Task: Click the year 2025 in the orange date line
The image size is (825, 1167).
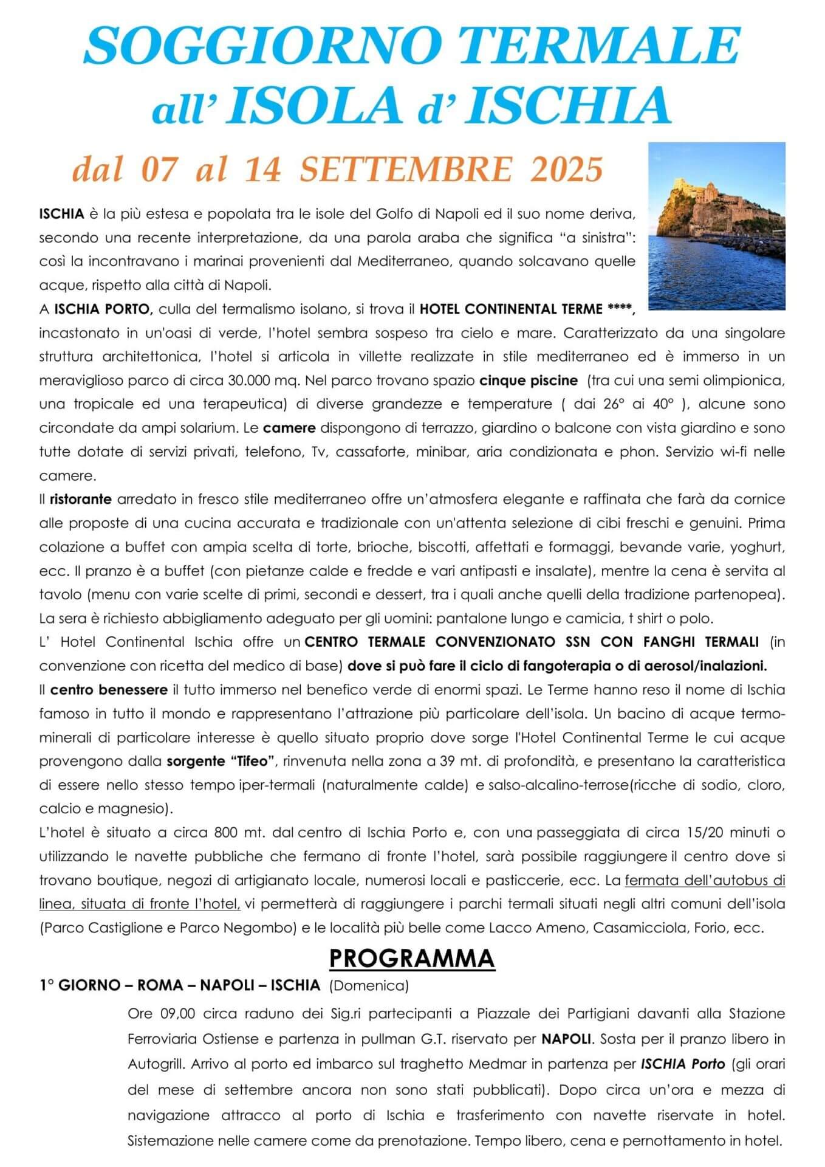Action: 566,170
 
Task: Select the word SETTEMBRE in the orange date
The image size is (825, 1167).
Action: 406,170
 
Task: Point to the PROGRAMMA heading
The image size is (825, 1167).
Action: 412,959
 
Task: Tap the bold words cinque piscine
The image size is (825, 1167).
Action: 528,381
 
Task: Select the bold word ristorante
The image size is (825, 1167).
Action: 81,500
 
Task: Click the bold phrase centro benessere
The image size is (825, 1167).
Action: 109,690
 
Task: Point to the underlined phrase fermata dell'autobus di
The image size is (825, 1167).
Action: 705,881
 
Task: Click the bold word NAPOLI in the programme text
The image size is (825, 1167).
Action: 566,1039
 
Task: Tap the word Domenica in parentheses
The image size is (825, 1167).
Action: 369,985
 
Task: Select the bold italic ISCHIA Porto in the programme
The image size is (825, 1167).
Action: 682,1065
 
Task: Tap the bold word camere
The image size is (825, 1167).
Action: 289,428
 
